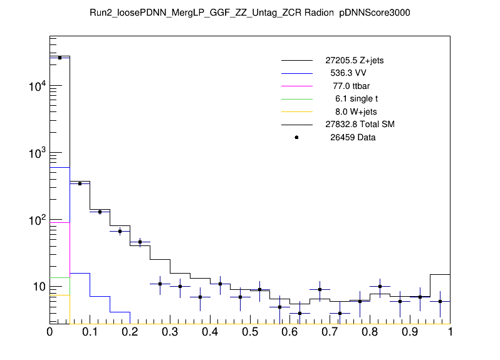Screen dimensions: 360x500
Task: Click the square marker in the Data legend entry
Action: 296,137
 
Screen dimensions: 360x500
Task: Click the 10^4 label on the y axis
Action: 36,86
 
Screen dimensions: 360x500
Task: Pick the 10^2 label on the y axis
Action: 36,220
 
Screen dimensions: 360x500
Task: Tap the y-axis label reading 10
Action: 38,287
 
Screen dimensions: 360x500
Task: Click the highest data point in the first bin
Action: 60,58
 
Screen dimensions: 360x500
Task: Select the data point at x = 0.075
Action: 80,183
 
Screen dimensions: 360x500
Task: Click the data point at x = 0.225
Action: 140,242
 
